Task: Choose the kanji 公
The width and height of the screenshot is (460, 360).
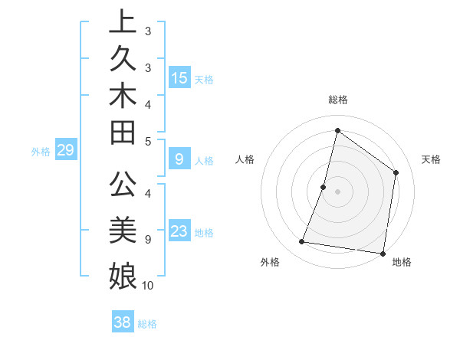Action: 123,185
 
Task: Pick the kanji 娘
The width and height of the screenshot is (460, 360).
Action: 123,275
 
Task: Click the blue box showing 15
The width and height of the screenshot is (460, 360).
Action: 179,78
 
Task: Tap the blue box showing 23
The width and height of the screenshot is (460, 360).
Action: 179,231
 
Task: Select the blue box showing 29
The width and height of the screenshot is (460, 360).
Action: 65,151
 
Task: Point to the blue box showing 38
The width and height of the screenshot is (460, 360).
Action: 123,322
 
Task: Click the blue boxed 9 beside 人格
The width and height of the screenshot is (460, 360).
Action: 179,159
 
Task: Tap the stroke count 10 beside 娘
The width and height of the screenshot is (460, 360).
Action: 148,286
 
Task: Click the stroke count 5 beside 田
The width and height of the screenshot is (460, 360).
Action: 148,141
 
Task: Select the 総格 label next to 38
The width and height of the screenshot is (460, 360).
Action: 147,324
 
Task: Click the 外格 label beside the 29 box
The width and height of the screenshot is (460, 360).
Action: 41,152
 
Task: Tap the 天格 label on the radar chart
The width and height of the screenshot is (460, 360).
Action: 432,159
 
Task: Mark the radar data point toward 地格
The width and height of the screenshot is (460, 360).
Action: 383,253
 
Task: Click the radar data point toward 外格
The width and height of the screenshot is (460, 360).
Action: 302,242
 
